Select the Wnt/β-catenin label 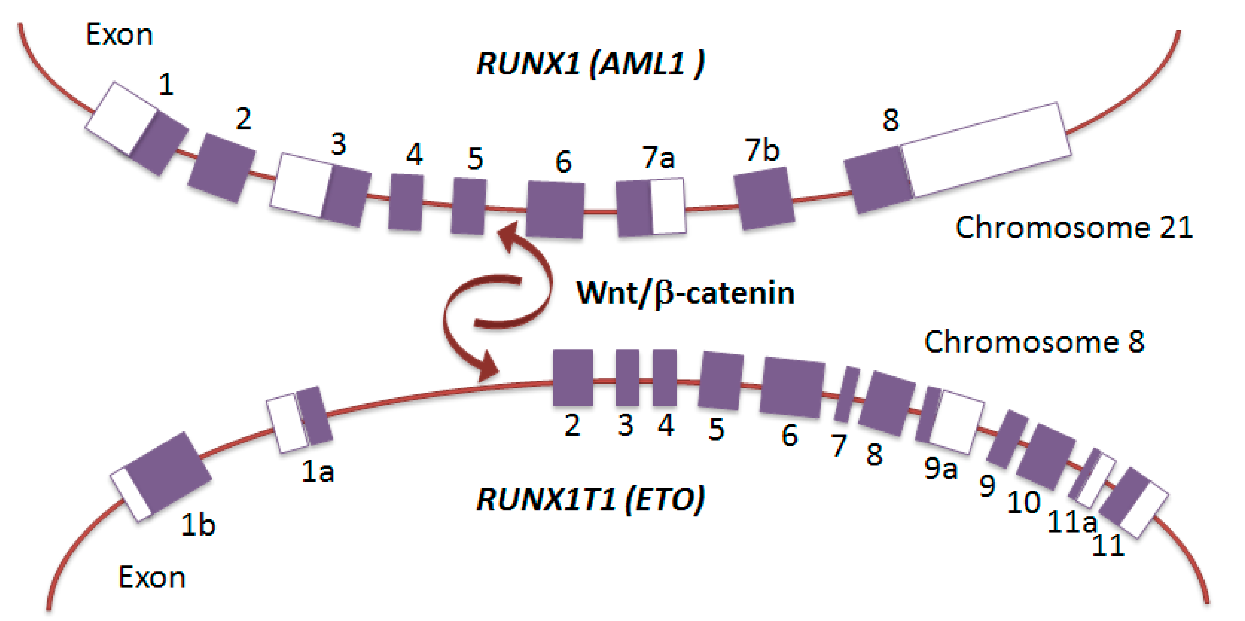click(x=685, y=293)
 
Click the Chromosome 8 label click(x=1034, y=342)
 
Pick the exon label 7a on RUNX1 click(x=658, y=158)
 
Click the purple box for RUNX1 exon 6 click(x=555, y=210)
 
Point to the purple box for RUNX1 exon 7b click(x=764, y=198)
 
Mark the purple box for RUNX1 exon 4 click(x=406, y=202)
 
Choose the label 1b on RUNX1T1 click(x=198, y=525)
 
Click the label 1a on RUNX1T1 click(x=318, y=471)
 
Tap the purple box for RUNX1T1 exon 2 click(x=573, y=378)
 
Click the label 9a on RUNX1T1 click(x=940, y=468)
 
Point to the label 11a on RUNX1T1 click(x=1072, y=522)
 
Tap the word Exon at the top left click(x=119, y=35)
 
